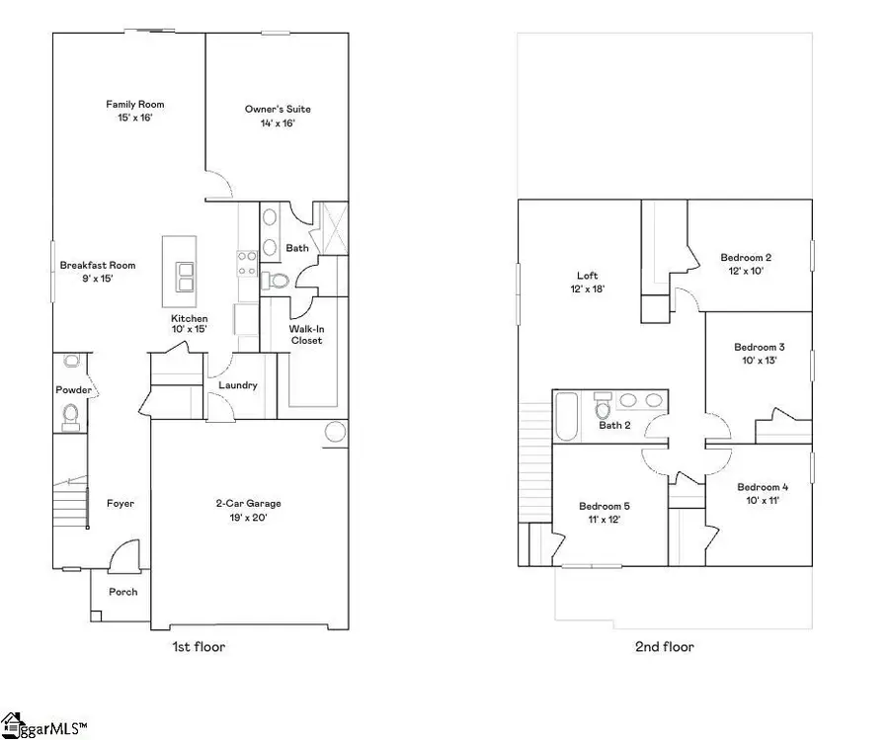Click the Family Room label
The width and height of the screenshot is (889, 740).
click(x=135, y=104)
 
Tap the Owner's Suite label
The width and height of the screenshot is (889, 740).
click(x=271, y=109)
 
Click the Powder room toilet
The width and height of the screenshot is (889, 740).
click(x=70, y=423)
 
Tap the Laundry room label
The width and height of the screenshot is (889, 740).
click(x=238, y=385)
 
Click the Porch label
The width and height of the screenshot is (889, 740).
click(x=123, y=592)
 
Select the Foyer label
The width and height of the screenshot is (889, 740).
click(x=121, y=504)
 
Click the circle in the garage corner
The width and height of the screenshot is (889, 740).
click(x=335, y=433)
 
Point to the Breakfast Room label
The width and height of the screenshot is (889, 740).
click(x=98, y=265)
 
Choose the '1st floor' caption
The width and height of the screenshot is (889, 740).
click(x=199, y=647)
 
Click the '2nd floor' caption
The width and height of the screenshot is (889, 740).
click(x=664, y=647)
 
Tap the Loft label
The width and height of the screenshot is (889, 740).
click(x=588, y=276)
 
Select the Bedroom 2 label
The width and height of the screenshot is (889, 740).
click(x=746, y=257)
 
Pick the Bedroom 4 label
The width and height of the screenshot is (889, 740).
click(x=763, y=487)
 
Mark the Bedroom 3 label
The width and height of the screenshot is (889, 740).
click(x=760, y=347)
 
